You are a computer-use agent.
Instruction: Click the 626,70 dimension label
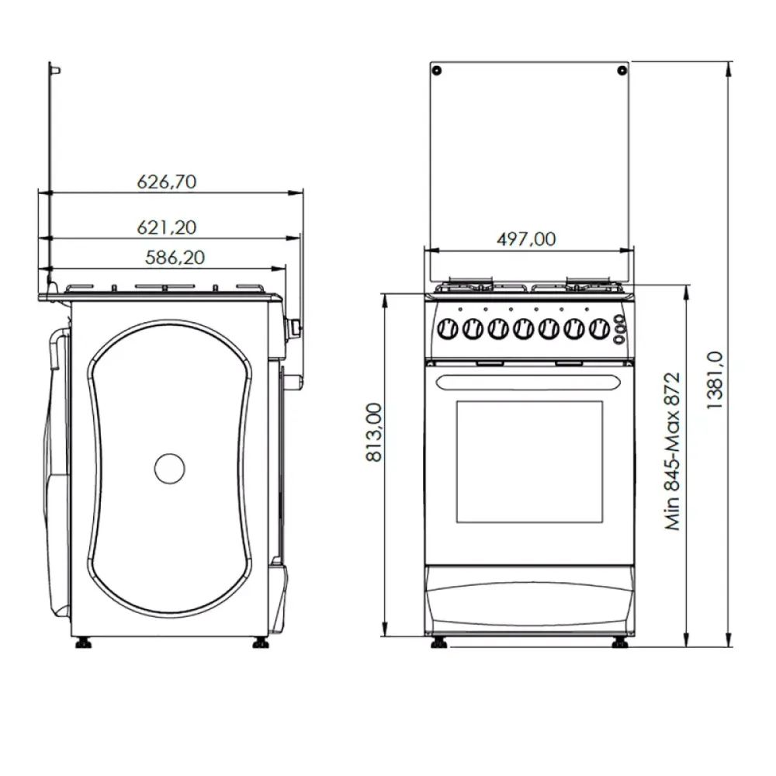tap(166, 182)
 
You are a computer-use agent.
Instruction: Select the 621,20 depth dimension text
tap(166, 227)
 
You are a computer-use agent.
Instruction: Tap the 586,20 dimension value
tap(175, 257)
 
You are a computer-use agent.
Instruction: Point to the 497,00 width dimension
tap(526, 239)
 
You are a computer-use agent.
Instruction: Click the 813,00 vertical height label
tap(374, 432)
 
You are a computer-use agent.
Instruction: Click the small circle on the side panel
tap(170, 469)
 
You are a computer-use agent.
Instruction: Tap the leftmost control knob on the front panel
tap(448, 330)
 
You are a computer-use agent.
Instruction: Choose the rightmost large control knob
tap(598, 330)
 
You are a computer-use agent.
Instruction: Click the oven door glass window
tap(529, 461)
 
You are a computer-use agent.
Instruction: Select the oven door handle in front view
tap(529, 382)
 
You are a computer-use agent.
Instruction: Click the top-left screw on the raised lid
tap(438, 71)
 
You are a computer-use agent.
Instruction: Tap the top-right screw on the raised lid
tap(621, 71)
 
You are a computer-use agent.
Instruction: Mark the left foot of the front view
tap(439, 643)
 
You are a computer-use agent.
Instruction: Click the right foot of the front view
tap(619, 643)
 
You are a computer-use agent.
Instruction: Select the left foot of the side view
tap(82, 643)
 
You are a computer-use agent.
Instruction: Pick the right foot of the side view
tap(261, 643)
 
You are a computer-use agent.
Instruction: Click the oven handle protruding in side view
tap(292, 381)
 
